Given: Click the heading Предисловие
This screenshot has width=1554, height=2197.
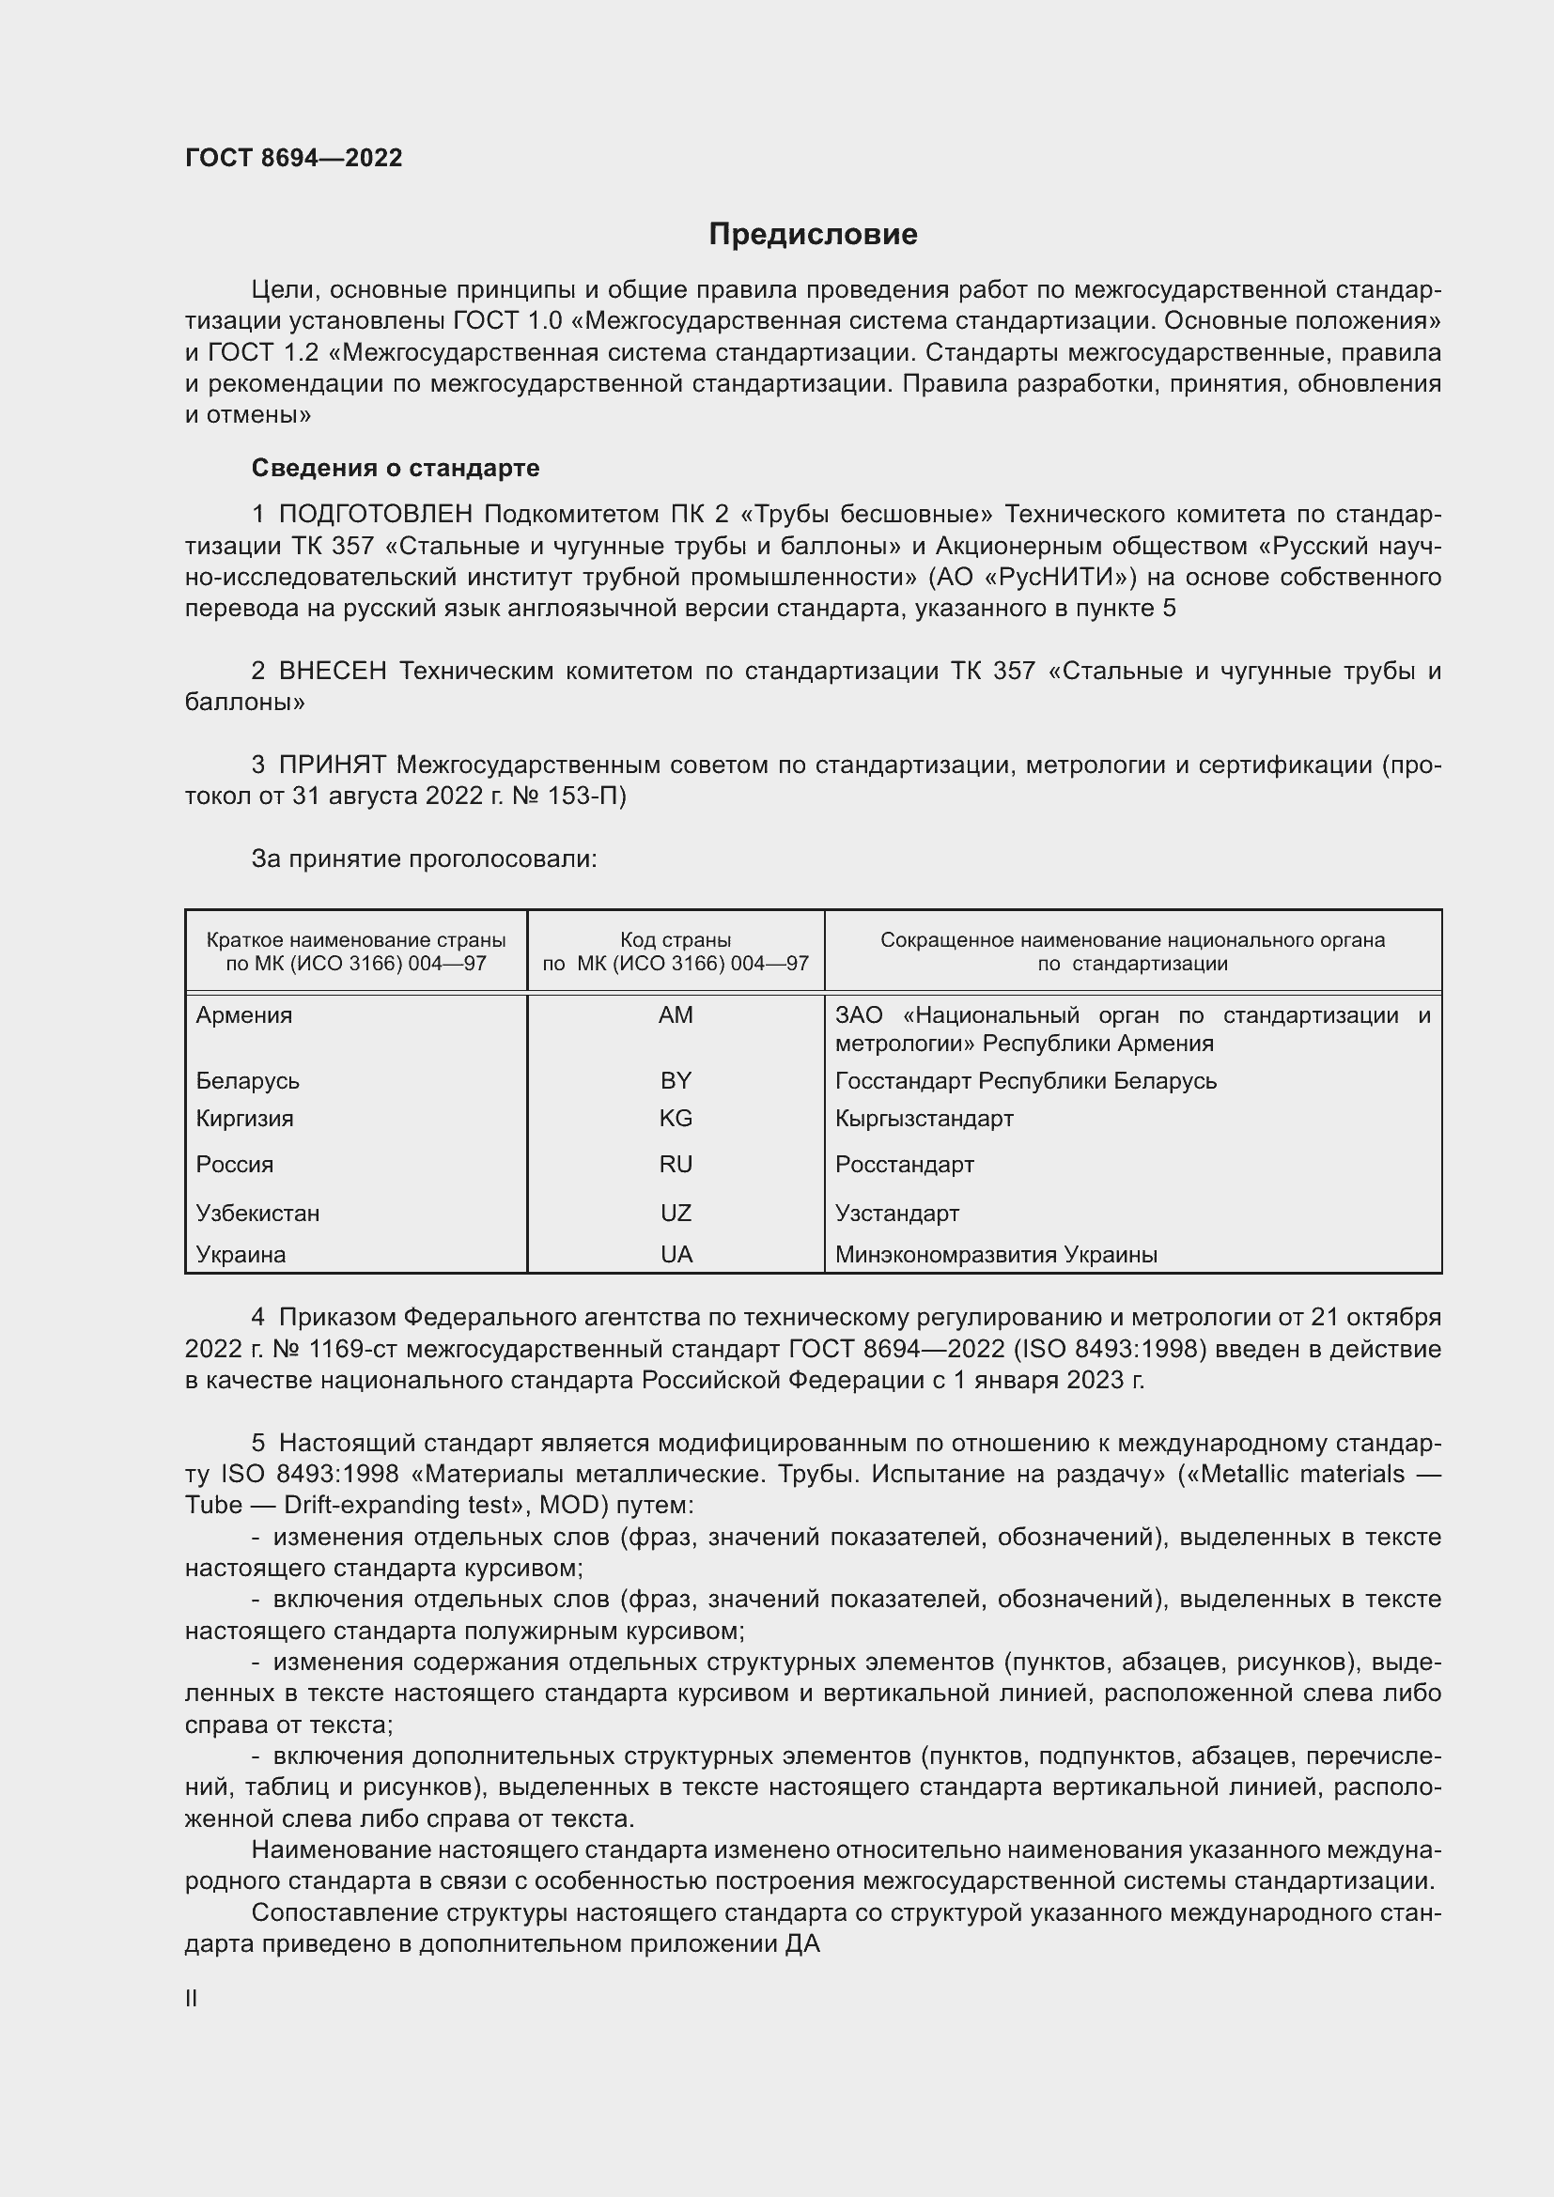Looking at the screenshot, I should pyautogui.click(x=813, y=235).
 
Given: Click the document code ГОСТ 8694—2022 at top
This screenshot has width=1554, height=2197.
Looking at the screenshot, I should pyautogui.click(x=294, y=158).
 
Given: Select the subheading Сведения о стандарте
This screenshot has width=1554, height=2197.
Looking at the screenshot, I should pyautogui.click(x=396, y=468).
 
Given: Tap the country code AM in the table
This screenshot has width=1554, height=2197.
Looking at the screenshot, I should pyautogui.click(x=676, y=1015).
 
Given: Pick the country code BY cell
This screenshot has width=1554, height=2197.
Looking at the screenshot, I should pyautogui.click(x=676, y=1080).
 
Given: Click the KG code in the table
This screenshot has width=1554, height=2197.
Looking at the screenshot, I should pyautogui.click(x=676, y=1118).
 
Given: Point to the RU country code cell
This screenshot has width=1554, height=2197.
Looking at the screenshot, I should pyautogui.click(x=676, y=1165).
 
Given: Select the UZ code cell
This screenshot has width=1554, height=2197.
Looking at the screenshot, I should pyautogui.click(x=676, y=1214).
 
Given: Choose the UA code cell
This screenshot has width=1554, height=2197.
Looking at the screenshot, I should pyautogui.click(x=676, y=1255).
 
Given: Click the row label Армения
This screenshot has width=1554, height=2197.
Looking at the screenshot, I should pyautogui.click(x=244, y=1015).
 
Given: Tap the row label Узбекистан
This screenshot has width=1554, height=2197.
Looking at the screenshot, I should pyautogui.click(x=257, y=1214).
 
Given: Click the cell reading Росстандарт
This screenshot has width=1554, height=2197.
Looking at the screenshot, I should pyautogui.click(x=904, y=1165).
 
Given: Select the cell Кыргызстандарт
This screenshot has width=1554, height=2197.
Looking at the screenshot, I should pyautogui.click(x=924, y=1118).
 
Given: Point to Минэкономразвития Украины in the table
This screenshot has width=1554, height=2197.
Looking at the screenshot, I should pyautogui.click(x=995, y=1255).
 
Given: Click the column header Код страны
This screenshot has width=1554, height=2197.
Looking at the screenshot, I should pyautogui.click(x=676, y=939).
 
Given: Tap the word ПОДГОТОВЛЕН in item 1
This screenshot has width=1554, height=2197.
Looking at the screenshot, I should pyautogui.click(x=375, y=515).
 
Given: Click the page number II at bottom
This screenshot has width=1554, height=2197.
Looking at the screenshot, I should pyautogui.click(x=192, y=1998).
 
